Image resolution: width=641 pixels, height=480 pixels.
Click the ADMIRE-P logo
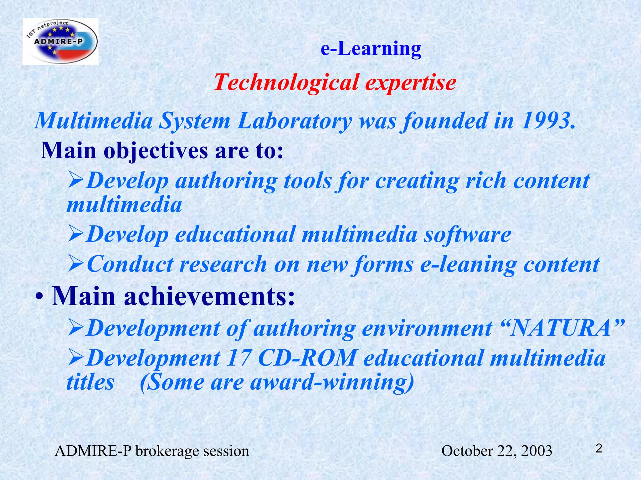point(60,42)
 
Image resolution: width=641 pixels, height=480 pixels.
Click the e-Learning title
point(371,49)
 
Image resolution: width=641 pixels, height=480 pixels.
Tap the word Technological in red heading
point(286,82)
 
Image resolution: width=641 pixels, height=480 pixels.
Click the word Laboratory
point(294,121)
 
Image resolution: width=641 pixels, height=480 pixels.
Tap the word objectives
point(155,151)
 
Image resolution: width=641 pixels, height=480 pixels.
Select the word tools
point(307,181)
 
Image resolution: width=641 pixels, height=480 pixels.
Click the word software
point(467,234)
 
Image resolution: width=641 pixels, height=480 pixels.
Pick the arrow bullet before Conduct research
point(76,264)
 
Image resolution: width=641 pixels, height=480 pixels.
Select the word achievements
point(209,296)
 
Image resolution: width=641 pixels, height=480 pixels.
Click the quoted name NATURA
point(560,328)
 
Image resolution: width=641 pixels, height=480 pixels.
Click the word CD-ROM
point(307,358)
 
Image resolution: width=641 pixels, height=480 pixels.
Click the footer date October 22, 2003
point(496,451)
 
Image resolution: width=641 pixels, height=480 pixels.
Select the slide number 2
point(598,449)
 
